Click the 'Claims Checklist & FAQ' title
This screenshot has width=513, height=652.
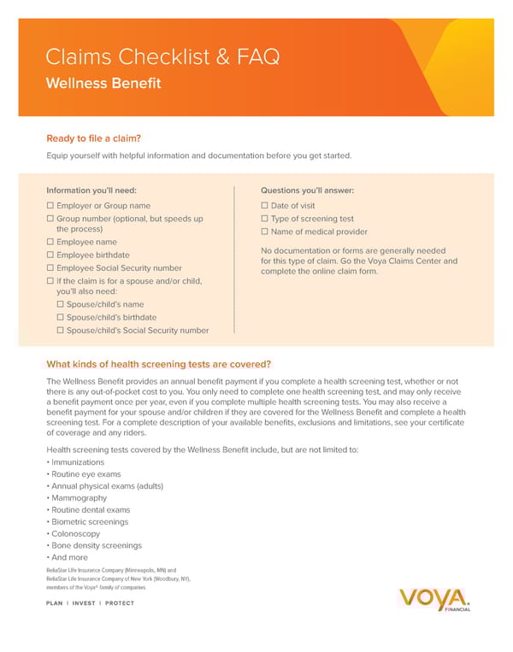tap(162, 58)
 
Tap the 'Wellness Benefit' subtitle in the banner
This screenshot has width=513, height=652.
tap(103, 84)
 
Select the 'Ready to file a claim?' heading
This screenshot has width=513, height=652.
tap(93, 138)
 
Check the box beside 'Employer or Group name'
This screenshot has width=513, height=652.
tap(50, 206)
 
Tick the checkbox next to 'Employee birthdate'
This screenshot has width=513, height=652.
tap(50, 255)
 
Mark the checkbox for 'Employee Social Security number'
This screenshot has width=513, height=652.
tap(50, 267)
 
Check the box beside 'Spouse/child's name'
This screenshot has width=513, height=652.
tap(61, 304)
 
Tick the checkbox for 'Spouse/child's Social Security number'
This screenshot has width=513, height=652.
tap(61, 330)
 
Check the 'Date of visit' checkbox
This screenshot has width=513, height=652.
tap(265, 206)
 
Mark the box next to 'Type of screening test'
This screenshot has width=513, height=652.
tap(265, 219)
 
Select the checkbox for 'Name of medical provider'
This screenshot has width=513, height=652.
tap(265, 232)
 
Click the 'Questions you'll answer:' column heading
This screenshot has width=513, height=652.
tap(307, 191)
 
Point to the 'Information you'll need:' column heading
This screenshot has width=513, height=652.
tap(91, 191)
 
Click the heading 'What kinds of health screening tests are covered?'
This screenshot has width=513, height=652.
tap(159, 364)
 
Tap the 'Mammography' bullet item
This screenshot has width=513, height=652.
tap(79, 498)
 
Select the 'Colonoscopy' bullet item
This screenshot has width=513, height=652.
tap(76, 533)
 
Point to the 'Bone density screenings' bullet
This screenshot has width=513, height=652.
tap(96, 545)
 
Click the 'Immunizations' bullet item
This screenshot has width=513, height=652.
tap(78, 462)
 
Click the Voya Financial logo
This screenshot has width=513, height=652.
tap(434, 600)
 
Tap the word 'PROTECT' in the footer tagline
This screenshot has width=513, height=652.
tap(120, 603)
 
